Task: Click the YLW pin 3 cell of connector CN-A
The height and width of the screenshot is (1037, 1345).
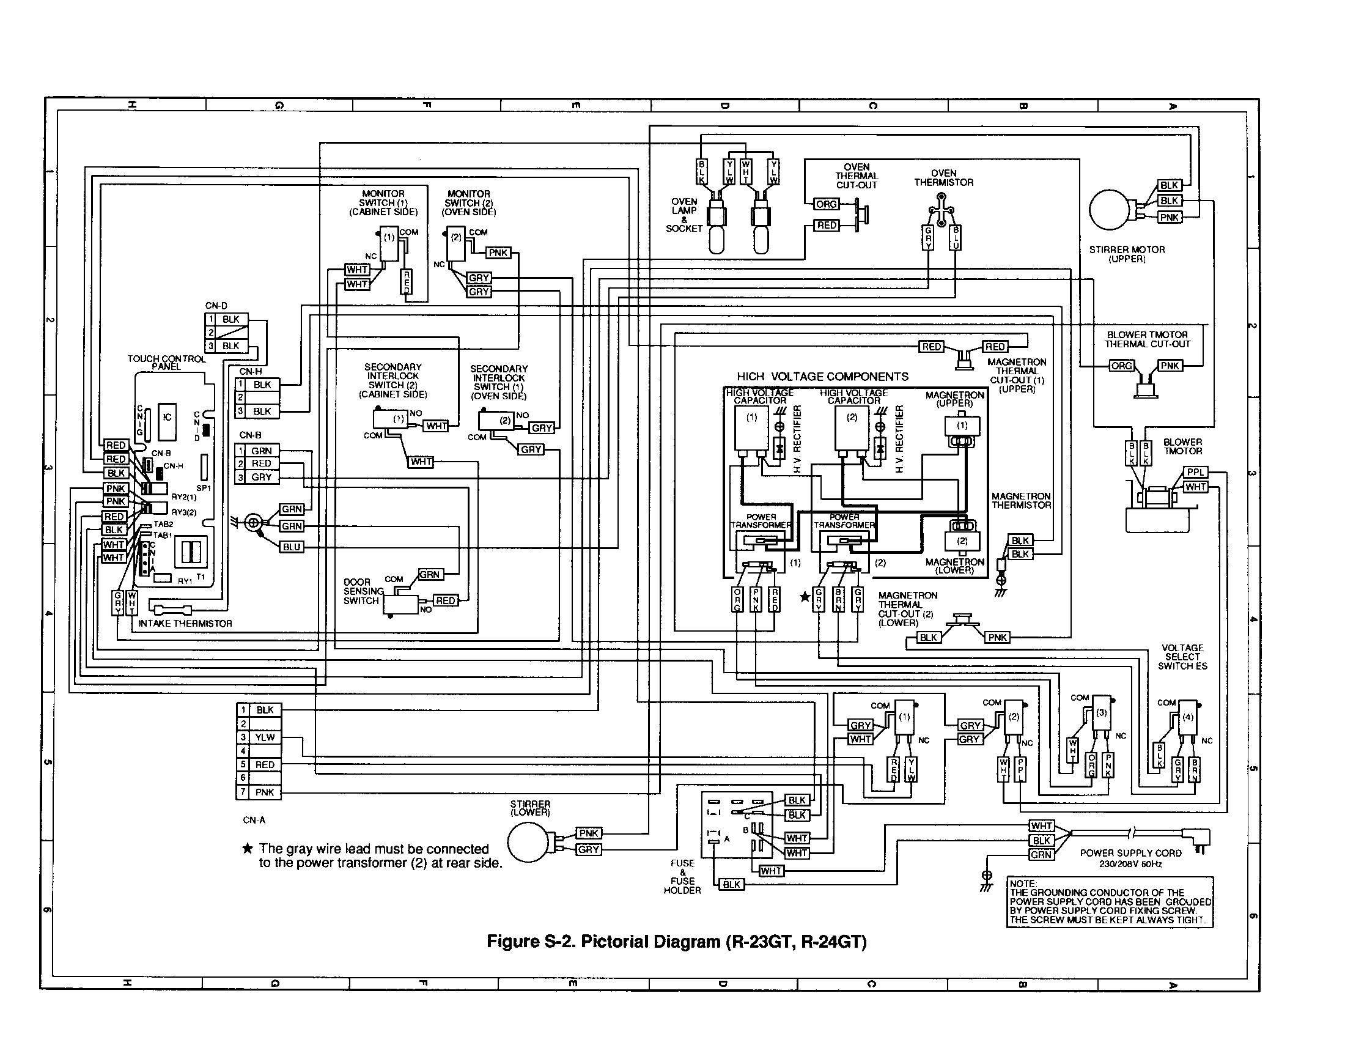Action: (x=265, y=737)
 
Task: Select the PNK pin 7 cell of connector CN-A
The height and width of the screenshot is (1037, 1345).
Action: (x=265, y=792)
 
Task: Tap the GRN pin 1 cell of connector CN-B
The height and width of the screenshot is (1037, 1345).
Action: (x=261, y=451)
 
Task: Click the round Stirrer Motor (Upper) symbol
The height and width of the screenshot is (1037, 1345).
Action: (x=1110, y=209)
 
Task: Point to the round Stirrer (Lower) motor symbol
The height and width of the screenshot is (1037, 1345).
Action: (x=529, y=842)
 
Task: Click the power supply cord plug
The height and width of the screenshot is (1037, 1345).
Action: (x=1201, y=839)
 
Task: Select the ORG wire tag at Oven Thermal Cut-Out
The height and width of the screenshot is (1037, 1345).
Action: (x=827, y=204)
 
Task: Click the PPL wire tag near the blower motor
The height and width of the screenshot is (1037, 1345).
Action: (x=1195, y=472)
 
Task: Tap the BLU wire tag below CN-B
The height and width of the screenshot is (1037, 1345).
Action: (x=292, y=547)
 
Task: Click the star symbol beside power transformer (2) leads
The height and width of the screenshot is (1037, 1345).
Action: (x=805, y=597)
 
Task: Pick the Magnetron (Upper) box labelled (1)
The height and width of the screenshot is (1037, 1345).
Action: (x=962, y=426)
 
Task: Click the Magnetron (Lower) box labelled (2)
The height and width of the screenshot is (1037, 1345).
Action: (x=962, y=541)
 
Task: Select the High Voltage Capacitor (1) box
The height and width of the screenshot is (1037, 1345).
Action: (x=751, y=428)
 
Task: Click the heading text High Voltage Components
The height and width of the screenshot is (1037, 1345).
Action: (x=822, y=376)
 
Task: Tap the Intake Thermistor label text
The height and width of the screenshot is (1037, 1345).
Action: (x=185, y=623)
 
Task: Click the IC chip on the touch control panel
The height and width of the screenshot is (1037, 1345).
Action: (x=167, y=418)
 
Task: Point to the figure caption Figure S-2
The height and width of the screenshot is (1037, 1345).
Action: (x=676, y=942)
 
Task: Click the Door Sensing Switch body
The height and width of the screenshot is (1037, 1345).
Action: (x=400, y=604)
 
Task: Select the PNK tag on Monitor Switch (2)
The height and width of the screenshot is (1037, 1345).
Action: (x=498, y=253)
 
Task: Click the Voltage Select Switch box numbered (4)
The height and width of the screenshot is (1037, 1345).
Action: (x=1187, y=717)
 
